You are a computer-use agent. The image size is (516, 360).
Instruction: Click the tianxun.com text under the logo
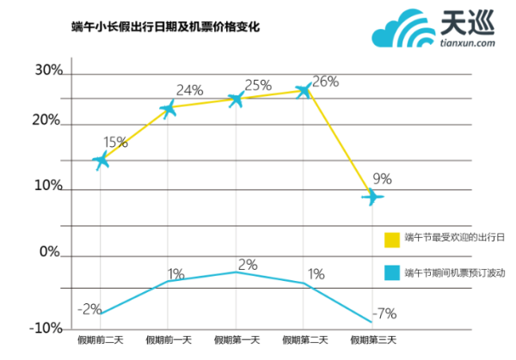[467, 40]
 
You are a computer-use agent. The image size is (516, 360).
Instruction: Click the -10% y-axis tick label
[45, 328]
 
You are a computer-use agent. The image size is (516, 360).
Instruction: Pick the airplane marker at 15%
[101, 160]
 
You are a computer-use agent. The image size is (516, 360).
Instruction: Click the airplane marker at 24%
[169, 108]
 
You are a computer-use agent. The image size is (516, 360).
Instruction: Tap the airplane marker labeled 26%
[304, 90]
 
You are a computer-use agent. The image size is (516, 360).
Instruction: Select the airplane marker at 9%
[372, 197]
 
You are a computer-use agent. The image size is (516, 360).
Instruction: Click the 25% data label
[258, 85]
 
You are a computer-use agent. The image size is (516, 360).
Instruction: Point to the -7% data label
[384, 312]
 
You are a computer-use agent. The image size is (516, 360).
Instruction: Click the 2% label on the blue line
[247, 265]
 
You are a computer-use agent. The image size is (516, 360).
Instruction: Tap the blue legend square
[392, 272]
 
